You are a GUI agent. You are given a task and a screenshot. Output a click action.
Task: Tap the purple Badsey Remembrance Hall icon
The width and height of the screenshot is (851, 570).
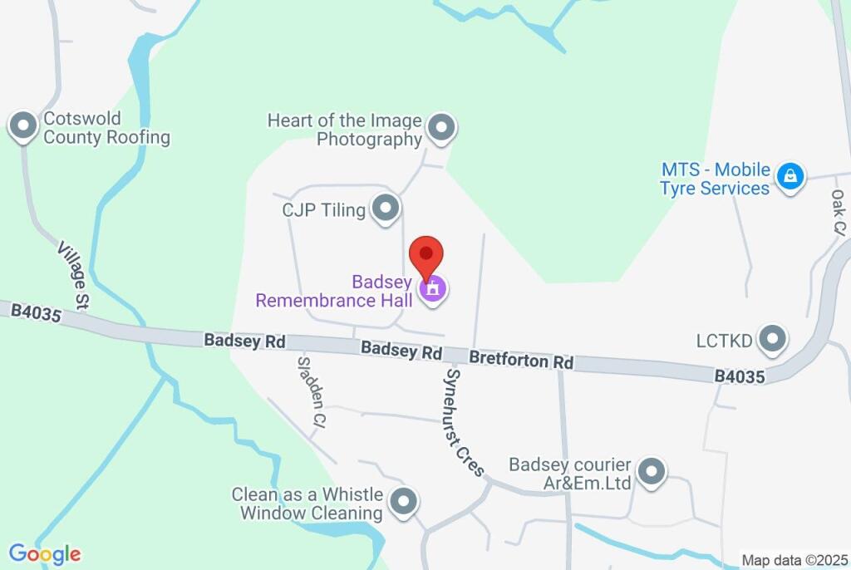click(x=432, y=290)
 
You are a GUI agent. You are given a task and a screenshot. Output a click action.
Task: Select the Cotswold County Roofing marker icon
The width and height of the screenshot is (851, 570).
click(x=22, y=127)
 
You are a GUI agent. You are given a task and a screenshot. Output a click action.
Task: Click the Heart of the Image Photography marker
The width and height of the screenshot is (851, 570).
click(x=441, y=128)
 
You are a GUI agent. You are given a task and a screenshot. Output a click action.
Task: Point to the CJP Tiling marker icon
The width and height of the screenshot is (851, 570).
click(x=385, y=209)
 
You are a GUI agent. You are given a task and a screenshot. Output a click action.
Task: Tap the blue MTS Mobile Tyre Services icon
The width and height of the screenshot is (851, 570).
click(x=790, y=176)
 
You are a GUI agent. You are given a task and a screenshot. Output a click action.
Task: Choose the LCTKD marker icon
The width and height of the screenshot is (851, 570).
click(x=774, y=339)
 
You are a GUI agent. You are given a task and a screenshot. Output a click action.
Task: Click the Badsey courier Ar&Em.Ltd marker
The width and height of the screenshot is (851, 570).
click(x=652, y=472)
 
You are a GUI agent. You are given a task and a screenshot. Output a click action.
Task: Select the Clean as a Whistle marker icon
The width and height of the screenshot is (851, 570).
click(x=404, y=502)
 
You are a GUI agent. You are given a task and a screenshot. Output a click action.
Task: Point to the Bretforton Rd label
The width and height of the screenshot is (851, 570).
click(x=521, y=361)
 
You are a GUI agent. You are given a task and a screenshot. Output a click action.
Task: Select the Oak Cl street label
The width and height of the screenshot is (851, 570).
click(x=838, y=211)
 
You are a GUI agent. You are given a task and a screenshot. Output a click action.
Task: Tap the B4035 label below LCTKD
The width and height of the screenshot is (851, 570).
click(x=740, y=376)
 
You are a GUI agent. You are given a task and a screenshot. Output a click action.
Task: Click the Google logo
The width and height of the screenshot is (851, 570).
click(x=45, y=553)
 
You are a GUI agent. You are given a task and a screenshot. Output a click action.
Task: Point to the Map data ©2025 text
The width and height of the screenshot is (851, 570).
click(x=793, y=560)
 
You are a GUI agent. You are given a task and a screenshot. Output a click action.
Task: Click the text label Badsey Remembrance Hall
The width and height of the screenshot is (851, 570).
click(x=333, y=291)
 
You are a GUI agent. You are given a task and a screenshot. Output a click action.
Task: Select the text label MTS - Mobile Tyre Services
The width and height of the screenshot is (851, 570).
click(x=715, y=179)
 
